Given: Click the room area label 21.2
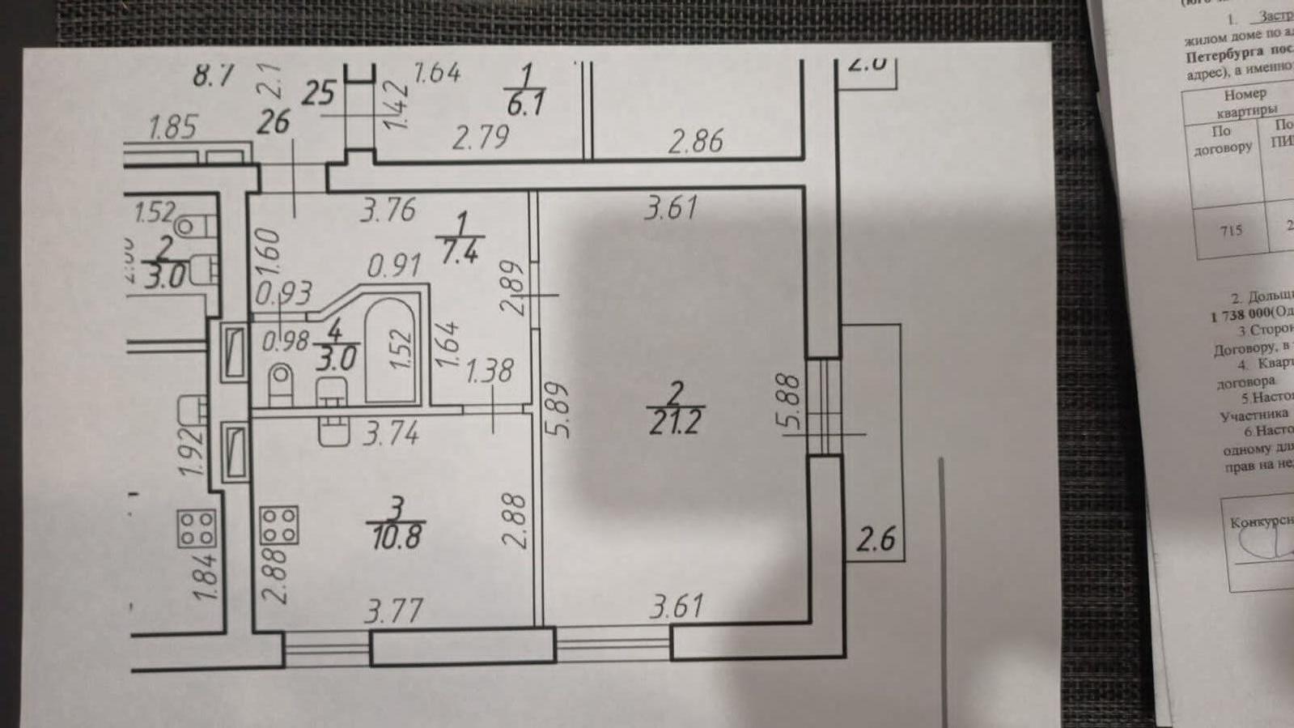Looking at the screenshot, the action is coord(675,421).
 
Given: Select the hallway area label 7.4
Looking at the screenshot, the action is coord(458,252).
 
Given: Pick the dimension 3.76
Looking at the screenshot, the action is coord(388,211).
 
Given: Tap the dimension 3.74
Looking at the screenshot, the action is coord(391,435).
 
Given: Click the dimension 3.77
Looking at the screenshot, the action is coord(392,609).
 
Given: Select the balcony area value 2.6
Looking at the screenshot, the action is coord(876,539).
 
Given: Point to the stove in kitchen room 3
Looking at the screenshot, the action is coord(278,525).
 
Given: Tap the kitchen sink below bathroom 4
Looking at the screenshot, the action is coord(333,430).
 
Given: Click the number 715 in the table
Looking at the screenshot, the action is coord(1230,231).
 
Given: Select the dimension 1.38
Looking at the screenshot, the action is coord(489,370).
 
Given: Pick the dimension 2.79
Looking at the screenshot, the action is coord(480,138).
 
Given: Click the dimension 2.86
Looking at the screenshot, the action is coord(695,141).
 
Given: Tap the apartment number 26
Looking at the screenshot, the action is coord(273,122).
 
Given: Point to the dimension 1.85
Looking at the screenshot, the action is coord(173,127).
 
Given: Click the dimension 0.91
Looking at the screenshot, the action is coord(394,265).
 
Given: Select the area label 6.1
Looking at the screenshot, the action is coord(525,104).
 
